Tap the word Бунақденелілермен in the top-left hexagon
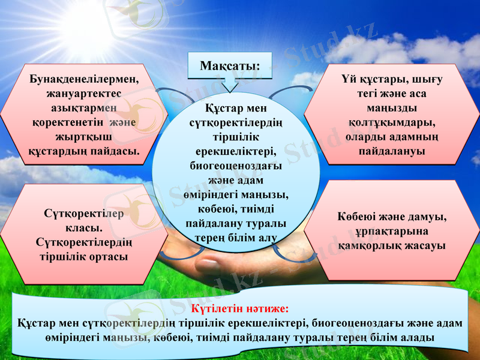pos(84,78)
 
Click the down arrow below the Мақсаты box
pos(230,85)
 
